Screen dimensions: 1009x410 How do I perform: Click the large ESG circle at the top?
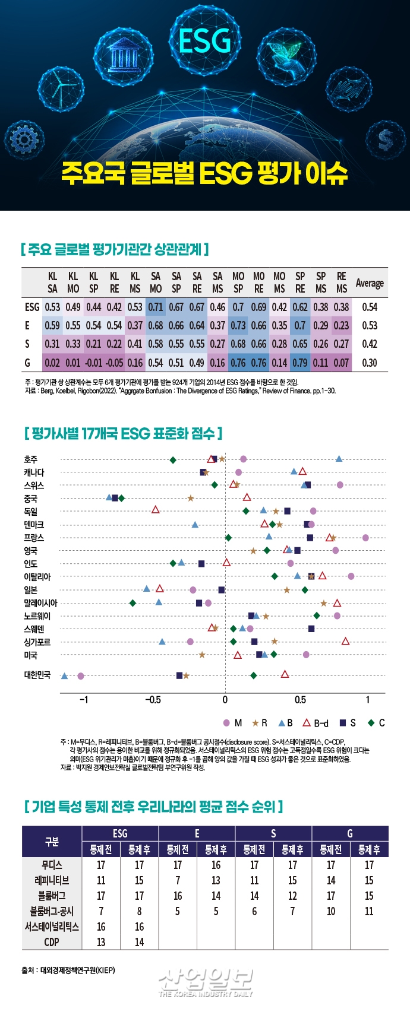(204, 40)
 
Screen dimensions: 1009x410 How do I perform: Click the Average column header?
(369, 283)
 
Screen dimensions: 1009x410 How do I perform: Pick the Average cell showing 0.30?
(369, 363)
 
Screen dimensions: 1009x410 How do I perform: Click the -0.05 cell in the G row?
(114, 363)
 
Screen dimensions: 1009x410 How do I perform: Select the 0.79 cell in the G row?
(300, 363)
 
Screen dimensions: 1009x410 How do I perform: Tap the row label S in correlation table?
(27, 344)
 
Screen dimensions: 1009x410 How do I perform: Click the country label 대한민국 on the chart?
(37, 675)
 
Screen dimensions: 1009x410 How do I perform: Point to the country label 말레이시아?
(40, 603)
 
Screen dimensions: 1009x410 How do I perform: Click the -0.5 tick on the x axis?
(153, 700)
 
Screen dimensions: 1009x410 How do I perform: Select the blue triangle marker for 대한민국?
(65, 676)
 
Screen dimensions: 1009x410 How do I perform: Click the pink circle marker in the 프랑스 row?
(365, 538)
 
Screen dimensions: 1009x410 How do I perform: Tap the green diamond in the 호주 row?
(173, 460)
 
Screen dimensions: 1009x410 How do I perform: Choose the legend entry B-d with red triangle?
(316, 723)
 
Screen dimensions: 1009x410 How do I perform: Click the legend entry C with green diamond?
(376, 723)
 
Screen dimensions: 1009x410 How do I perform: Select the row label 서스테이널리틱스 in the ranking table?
(52, 926)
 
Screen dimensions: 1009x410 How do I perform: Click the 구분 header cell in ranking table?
(52, 842)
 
